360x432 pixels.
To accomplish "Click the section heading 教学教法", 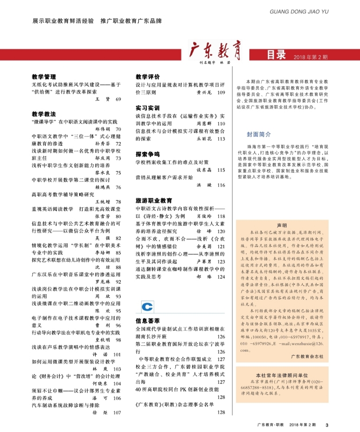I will (44, 114).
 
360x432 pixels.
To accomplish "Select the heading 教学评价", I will (148, 76).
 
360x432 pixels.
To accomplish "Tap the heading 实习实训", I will (148, 107).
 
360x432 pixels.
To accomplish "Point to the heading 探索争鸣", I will (148, 154).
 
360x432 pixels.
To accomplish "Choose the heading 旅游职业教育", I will (154, 200).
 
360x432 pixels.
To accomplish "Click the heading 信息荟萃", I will (148, 321).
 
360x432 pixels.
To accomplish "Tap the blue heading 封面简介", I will (259, 133).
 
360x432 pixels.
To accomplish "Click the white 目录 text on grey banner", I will (276, 55).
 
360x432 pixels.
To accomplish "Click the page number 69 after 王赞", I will (118, 99).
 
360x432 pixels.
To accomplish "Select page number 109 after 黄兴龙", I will (221, 93).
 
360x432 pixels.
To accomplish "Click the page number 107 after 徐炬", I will (117, 412).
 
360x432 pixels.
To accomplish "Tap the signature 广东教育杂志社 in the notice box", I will (307, 356).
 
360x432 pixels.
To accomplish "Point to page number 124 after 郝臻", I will (221, 277).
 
